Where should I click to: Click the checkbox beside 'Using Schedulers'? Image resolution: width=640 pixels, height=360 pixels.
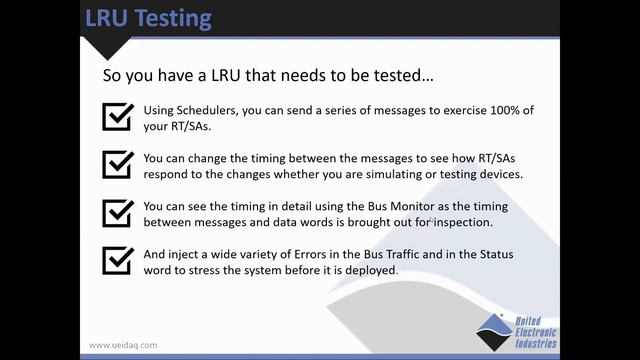tap(118, 116)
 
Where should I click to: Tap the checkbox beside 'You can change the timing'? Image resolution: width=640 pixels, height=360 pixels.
tap(118, 165)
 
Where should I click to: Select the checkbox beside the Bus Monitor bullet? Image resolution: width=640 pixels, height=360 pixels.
tap(118, 213)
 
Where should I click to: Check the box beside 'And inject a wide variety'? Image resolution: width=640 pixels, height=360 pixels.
tap(118, 261)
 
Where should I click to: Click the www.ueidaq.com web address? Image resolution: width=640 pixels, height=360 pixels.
tap(123, 345)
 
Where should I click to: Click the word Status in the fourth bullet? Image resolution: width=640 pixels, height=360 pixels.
tap(489, 254)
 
